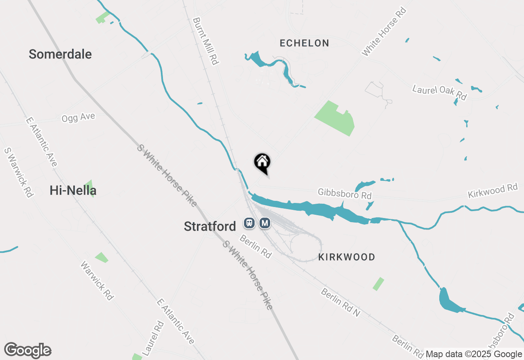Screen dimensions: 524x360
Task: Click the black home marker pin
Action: point(262,163)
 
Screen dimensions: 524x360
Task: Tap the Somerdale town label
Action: point(60,54)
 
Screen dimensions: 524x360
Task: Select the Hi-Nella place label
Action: point(73,190)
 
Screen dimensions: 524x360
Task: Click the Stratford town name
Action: point(210,226)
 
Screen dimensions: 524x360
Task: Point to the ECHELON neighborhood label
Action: point(304,43)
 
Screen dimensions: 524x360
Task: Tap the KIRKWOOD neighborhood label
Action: point(347,257)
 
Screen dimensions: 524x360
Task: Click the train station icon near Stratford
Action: point(249,223)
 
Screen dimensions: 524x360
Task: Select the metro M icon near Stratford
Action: point(265,223)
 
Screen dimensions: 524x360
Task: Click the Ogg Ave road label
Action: point(78,118)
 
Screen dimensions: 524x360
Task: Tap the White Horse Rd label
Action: point(384,32)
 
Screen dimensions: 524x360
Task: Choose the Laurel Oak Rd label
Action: point(439,92)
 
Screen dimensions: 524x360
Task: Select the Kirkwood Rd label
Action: point(492,191)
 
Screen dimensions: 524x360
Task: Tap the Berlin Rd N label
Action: point(340,303)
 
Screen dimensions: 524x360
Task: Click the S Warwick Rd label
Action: point(18,172)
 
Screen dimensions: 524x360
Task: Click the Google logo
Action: point(27,351)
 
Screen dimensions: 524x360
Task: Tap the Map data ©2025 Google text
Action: point(474,354)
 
